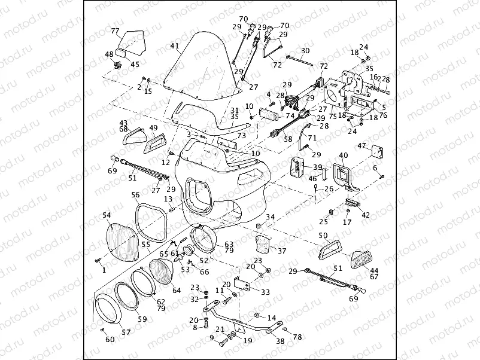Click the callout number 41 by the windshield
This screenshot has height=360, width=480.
174,46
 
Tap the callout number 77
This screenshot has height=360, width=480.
115,31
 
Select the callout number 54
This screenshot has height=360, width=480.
107,215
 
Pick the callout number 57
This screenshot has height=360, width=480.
126,331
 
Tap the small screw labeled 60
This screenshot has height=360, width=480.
102,330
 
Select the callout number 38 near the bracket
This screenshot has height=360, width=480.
280,341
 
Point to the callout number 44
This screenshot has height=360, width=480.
375,270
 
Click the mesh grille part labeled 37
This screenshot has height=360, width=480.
263,244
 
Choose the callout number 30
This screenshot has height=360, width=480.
305,51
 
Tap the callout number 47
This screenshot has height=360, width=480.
378,146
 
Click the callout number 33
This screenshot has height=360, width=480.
265,292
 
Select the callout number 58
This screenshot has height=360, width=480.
288,139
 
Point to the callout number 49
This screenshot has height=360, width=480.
153,127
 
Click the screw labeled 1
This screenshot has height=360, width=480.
97,261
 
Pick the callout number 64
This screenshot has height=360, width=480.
177,291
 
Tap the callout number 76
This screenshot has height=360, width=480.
383,115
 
